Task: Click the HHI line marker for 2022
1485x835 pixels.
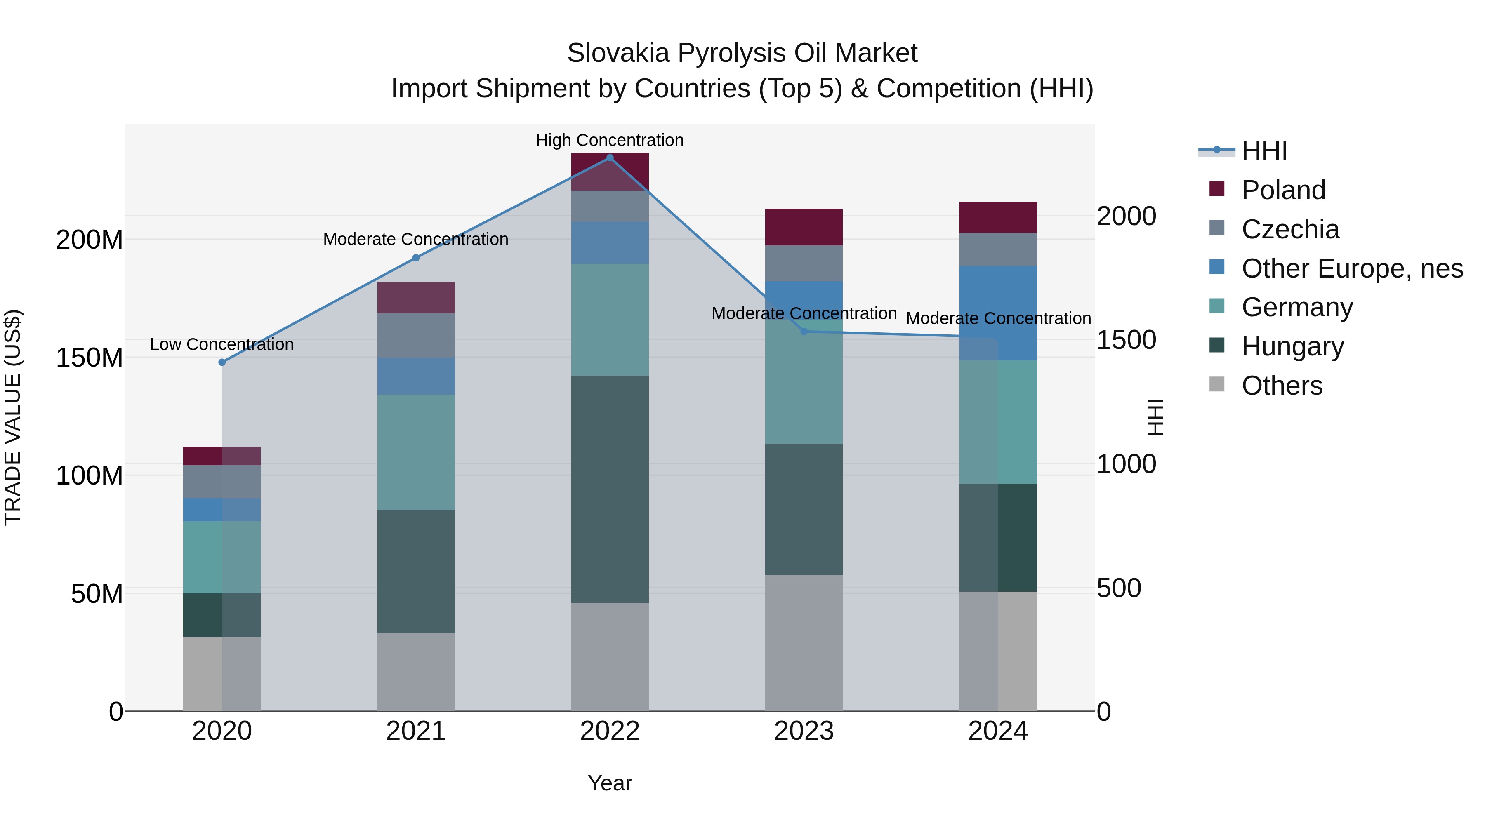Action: click(x=610, y=158)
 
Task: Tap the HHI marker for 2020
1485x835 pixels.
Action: click(x=222, y=362)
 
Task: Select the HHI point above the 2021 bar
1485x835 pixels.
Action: click(x=416, y=258)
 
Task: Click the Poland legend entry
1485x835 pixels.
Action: click(x=1283, y=190)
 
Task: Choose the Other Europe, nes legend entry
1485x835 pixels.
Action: click(x=1352, y=268)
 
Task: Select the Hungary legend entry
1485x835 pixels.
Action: click(x=1292, y=346)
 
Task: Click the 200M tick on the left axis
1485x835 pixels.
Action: click(x=90, y=239)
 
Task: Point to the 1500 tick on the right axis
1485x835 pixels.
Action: click(x=1126, y=340)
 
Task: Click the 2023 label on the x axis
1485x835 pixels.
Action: click(x=804, y=731)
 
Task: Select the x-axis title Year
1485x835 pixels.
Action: click(x=610, y=783)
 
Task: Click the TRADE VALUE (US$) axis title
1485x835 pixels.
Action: click(x=13, y=417)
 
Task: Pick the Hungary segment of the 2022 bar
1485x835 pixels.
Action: click(x=610, y=489)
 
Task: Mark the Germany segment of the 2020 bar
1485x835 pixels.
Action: click(x=222, y=557)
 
